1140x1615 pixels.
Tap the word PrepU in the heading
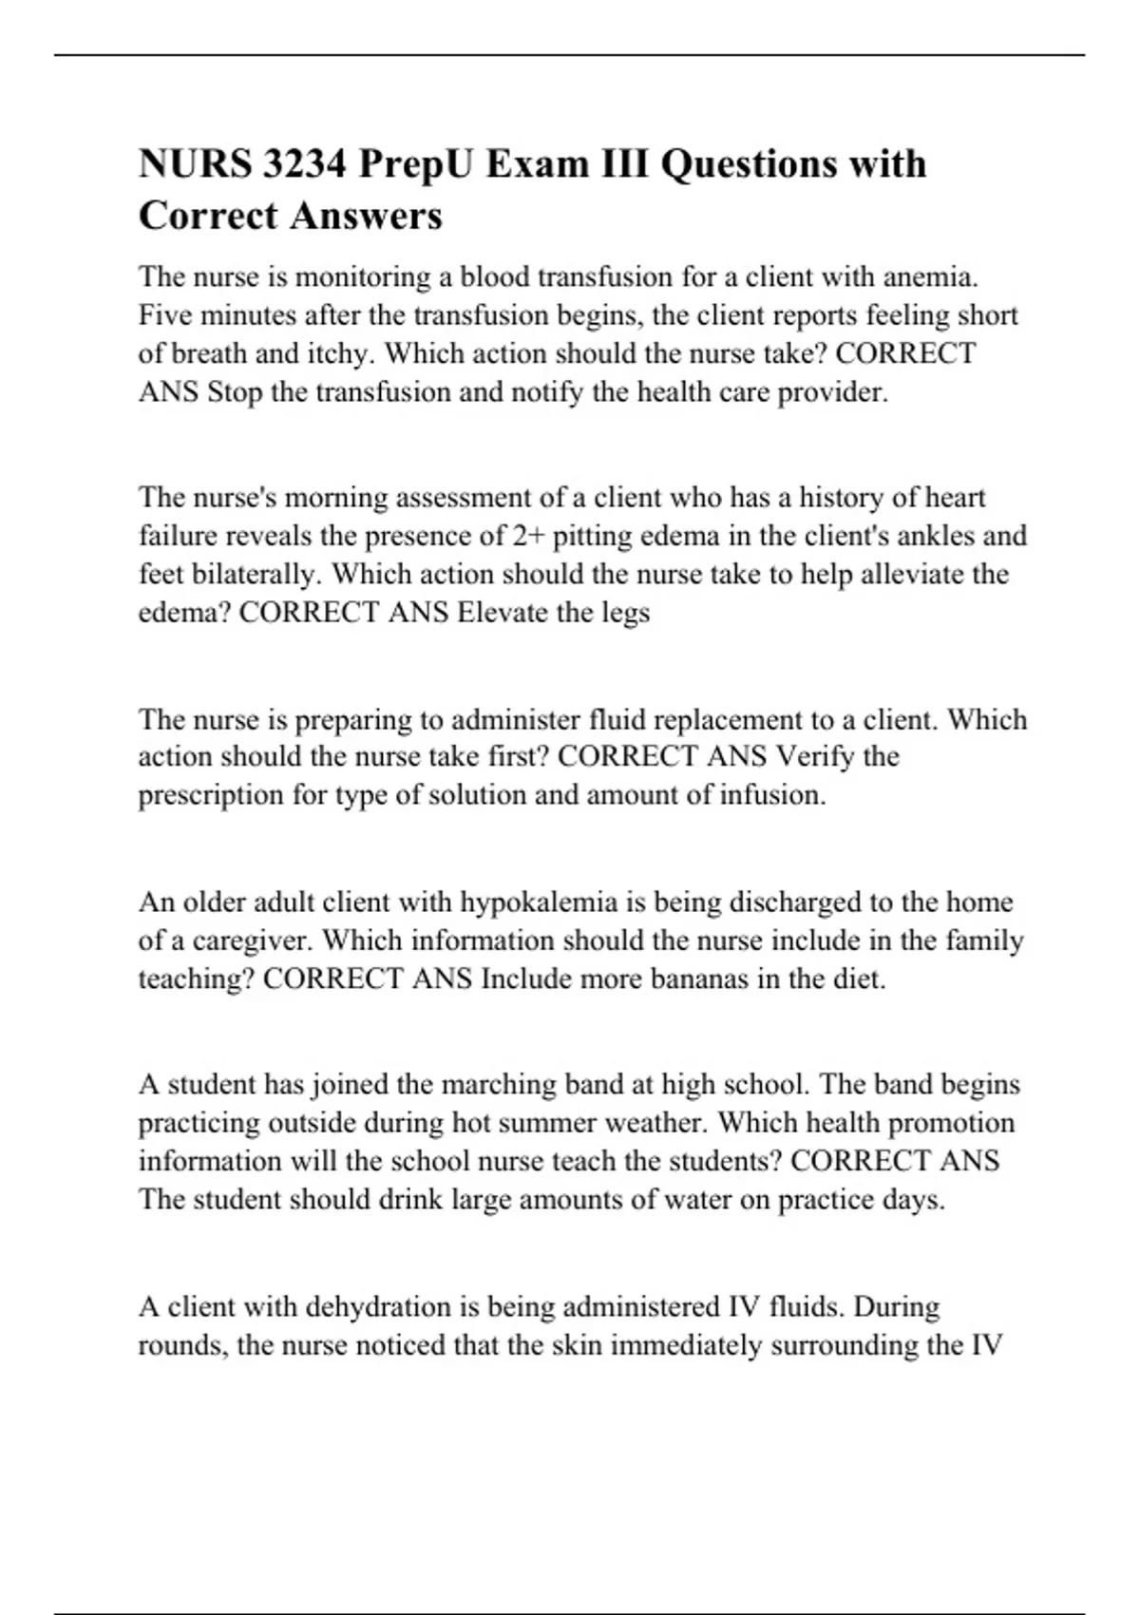[415, 164]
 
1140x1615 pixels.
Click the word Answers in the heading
[367, 216]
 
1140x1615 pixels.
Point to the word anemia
[930, 277]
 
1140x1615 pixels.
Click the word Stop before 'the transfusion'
[235, 391]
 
